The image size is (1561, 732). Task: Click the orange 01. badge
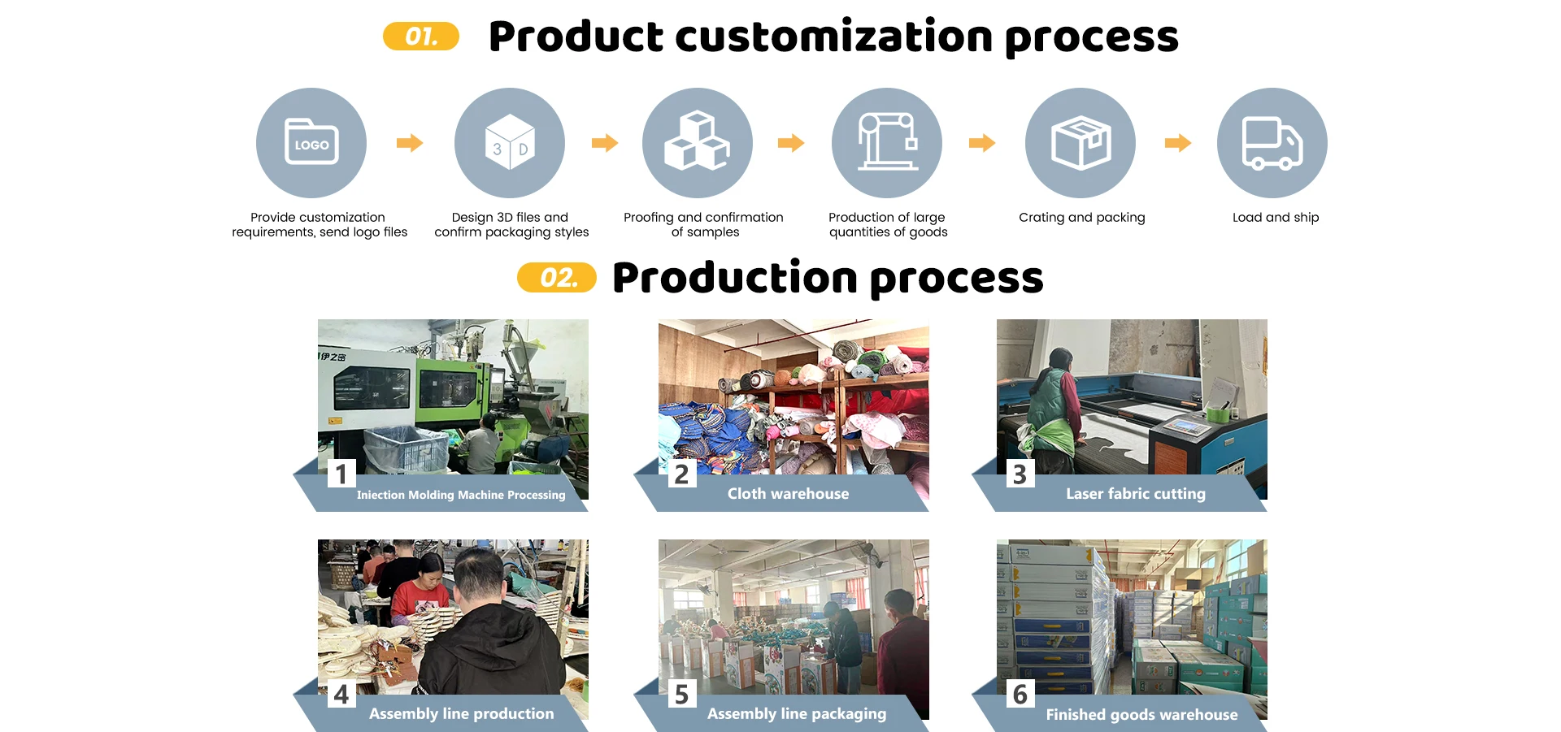pyautogui.click(x=421, y=37)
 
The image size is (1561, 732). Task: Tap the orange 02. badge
pyautogui.click(x=557, y=278)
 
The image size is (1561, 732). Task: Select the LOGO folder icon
pyautogui.click(x=311, y=143)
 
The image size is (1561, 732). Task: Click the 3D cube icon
pyautogui.click(x=510, y=143)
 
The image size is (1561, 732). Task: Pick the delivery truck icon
pyautogui.click(x=1272, y=143)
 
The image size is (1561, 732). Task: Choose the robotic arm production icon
pyautogui.click(x=887, y=143)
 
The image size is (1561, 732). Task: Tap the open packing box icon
pyautogui.click(x=1081, y=143)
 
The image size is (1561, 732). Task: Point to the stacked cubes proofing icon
pyautogui.click(x=698, y=143)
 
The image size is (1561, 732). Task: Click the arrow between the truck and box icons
pyautogui.click(x=1178, y=144)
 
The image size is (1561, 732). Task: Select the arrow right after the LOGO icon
pyautogui.click(x=410, y=144)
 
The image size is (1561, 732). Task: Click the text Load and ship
pyautogui.click(x=1276, y=218)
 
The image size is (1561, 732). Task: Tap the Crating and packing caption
pyautogui.click(x=1082, y=218)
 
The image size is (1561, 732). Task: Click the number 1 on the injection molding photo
pyautogui.click(x=341, y=474)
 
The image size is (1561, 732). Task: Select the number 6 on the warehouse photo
pyautogui.click(x=1020, y=694)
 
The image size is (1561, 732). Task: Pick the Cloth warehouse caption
pyautogui.click(x=788, y=494)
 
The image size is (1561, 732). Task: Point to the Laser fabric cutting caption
pyautogui.click(x=1136, y=494)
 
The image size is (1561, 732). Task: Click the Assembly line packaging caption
pyautogui.click(x=797, y=714)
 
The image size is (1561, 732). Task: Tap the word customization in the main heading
pyautogui.click(x=834, y=37)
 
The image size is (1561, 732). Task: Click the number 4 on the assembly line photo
pyautogui.click(x=341, y=694)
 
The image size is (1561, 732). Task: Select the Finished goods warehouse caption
pyautogui.click(x=1141, y=715)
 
